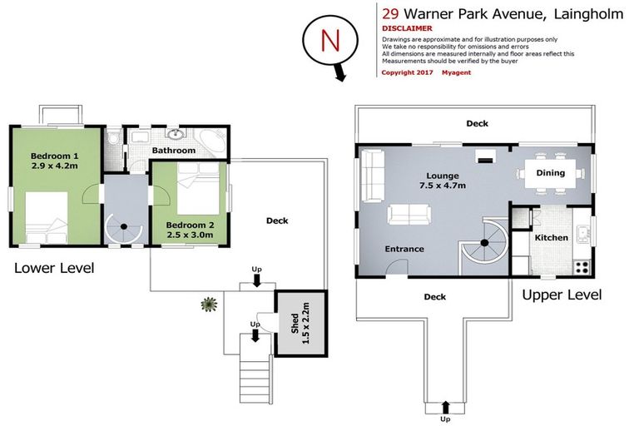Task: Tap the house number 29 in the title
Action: point(389,12)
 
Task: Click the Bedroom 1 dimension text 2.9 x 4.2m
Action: point(54,167)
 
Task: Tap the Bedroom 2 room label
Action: point(191,225)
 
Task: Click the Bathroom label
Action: point(174,151)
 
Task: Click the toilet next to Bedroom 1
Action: point(113,138)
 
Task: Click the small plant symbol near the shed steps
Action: point(206,304)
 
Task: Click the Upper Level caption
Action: point(561,295)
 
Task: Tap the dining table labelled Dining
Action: point(549,174)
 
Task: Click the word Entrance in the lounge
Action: point(404,249)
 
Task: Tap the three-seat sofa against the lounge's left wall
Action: point(371,176)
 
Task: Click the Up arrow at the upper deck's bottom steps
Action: point(445,406)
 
